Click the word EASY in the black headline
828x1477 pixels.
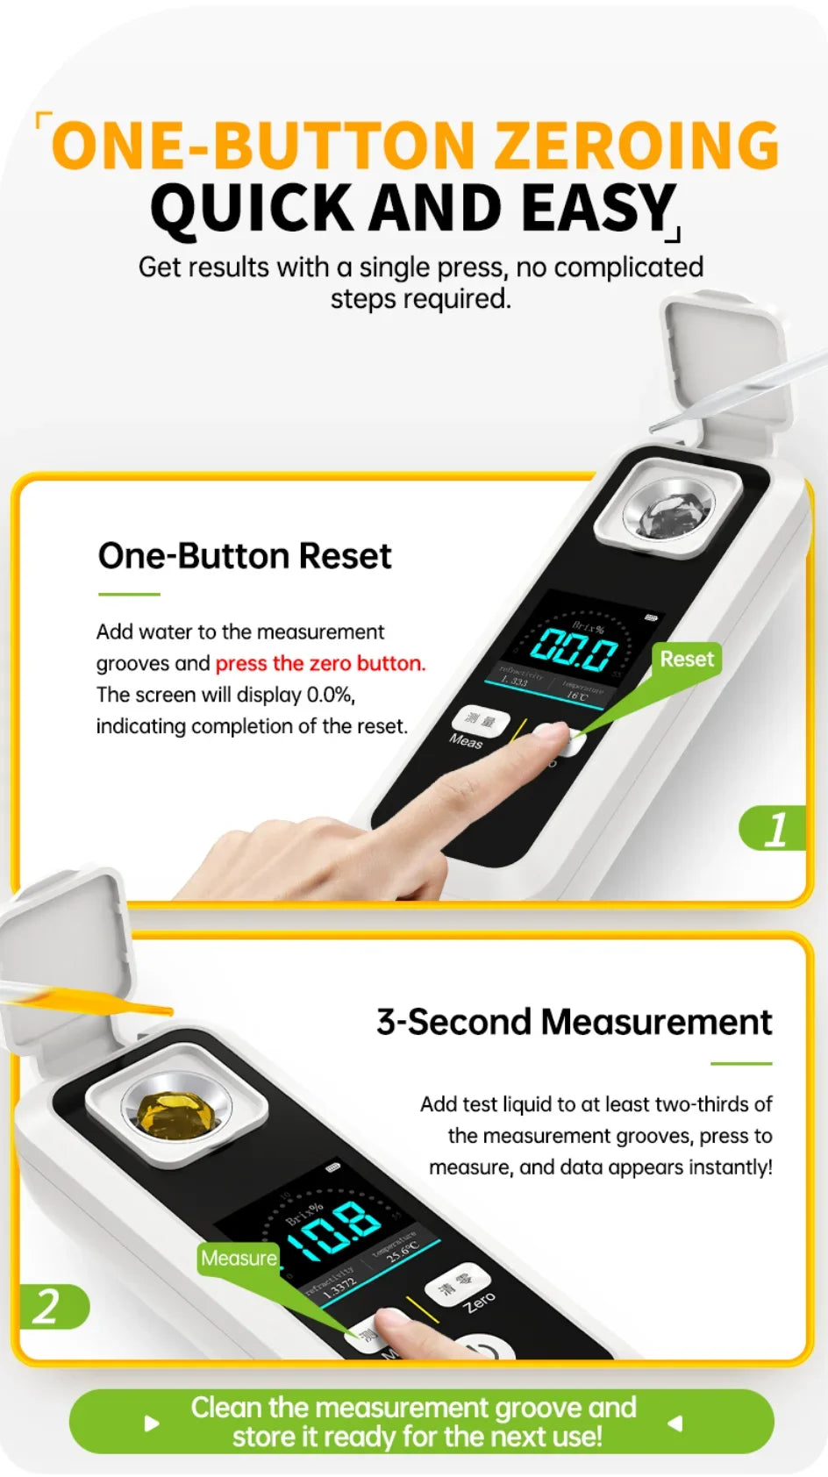point(597,209)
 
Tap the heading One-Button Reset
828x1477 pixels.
point(245,556)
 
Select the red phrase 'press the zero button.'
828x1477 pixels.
point(320,663)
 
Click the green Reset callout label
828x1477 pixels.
point(687,659)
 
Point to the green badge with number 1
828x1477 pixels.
point(774,829)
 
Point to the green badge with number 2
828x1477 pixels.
point(50,1307)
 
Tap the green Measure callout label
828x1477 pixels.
point(239,1258)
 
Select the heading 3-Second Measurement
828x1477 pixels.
point(574,1023)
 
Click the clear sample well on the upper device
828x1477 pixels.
point(667,509)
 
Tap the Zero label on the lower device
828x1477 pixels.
point(480,1302)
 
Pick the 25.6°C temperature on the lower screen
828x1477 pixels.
point(403,1249)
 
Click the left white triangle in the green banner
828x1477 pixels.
point(152,1423)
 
